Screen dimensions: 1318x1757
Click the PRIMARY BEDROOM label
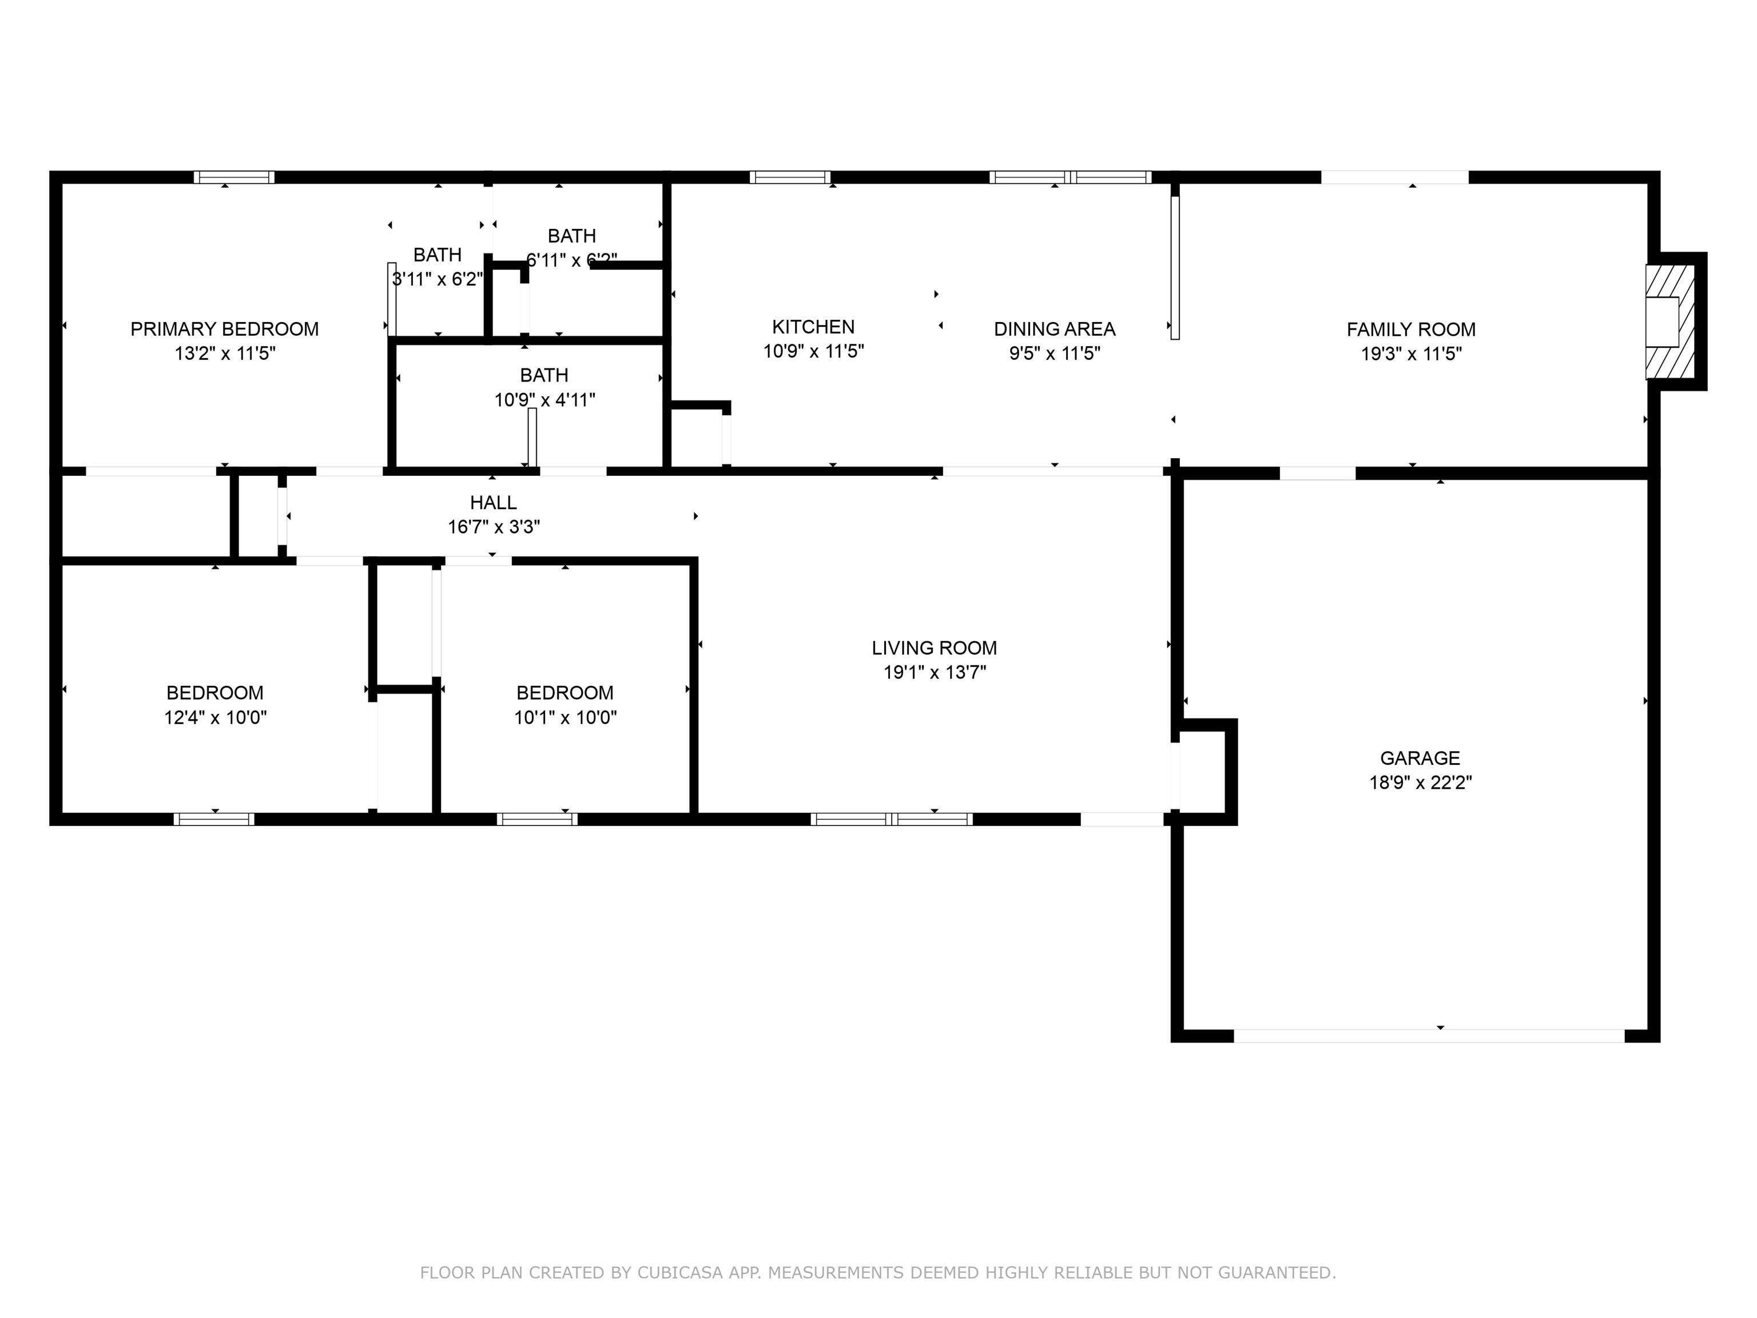224,329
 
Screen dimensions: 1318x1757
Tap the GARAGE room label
1420,758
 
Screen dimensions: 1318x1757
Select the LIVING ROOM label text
934,648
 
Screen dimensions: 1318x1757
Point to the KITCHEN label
813,327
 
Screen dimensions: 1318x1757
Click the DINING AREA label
1054,329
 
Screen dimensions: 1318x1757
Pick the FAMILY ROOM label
1410,329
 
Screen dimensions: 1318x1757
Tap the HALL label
493,502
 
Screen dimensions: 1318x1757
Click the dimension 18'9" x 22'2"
1420,783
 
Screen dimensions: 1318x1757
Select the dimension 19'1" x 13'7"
934,673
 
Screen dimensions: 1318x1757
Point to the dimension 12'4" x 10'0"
215,717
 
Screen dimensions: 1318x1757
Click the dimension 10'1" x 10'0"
565,717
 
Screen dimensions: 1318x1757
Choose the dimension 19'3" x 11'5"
1410,354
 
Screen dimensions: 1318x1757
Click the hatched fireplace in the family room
1669,321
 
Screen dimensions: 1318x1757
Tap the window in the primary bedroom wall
234,177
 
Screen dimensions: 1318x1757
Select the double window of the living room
891,819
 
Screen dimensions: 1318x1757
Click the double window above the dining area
1070,177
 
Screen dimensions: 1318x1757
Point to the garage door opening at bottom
1428,1036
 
